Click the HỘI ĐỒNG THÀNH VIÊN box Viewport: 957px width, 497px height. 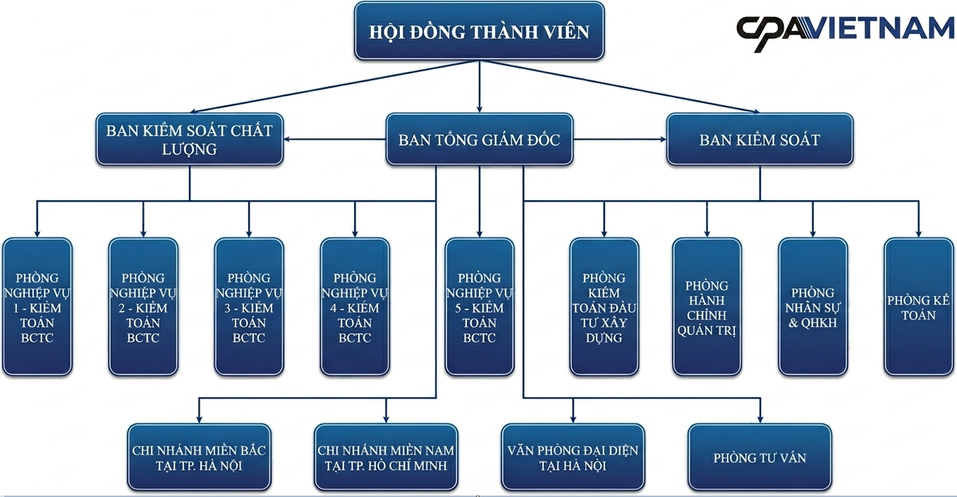point(480,31)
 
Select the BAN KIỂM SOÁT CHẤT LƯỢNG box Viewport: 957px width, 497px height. point(190,139)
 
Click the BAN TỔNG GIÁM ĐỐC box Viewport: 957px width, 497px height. point(480,139)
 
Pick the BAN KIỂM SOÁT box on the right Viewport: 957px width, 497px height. point(760,139)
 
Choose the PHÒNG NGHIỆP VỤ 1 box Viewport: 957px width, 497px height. point(37,307)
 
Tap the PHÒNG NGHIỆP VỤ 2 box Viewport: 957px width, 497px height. point(143,307)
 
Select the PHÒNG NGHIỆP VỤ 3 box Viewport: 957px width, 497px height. point(249,307)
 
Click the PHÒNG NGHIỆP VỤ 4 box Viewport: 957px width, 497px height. point(355,307)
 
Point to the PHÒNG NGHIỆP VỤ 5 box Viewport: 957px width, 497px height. point(480,307)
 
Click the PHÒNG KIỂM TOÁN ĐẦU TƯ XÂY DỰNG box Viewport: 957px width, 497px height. point(604,307)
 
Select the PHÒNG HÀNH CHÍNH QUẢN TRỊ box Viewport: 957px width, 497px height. point(707,307)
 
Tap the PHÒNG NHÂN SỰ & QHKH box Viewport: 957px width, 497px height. point(813,307)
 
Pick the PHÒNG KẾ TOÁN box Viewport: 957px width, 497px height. point(919,307)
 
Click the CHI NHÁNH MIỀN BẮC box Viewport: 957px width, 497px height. point(199,458)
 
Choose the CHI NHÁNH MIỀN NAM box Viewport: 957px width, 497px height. point(386,458)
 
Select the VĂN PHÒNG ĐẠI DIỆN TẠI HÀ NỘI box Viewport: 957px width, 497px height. point(573,458)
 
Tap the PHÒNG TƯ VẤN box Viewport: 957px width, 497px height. point(760,458)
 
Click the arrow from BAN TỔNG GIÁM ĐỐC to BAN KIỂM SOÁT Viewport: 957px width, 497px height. point(620,139)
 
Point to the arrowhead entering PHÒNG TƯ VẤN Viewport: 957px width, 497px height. point(760,419)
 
